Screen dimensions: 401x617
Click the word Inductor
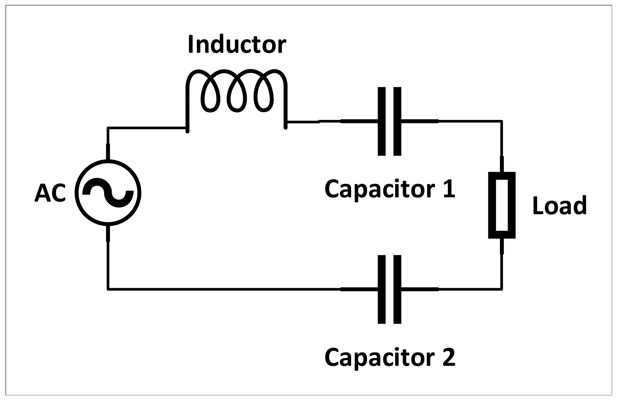pos(237,45)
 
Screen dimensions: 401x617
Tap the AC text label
pos(50,193)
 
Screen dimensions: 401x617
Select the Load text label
pos(560,205)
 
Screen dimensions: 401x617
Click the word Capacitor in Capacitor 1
pos(374,189)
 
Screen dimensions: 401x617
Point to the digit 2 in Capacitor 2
pos(447,357)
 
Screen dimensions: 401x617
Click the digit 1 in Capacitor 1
pos(448,189)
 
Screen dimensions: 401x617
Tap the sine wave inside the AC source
pos(108,192)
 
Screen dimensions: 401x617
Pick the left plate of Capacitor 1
pos(382,121)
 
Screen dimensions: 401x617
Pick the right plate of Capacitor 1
pos(397,121)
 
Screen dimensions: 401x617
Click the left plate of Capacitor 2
pos(382,289)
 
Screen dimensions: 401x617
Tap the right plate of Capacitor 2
pos(397,289)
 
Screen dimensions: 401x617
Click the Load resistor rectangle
pos(502,205)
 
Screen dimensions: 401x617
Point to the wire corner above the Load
pos(502,121)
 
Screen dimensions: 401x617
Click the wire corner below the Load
pos(502,289)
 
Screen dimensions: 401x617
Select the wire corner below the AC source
pos(108,289)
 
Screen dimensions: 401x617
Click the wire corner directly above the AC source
pos(108,128)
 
